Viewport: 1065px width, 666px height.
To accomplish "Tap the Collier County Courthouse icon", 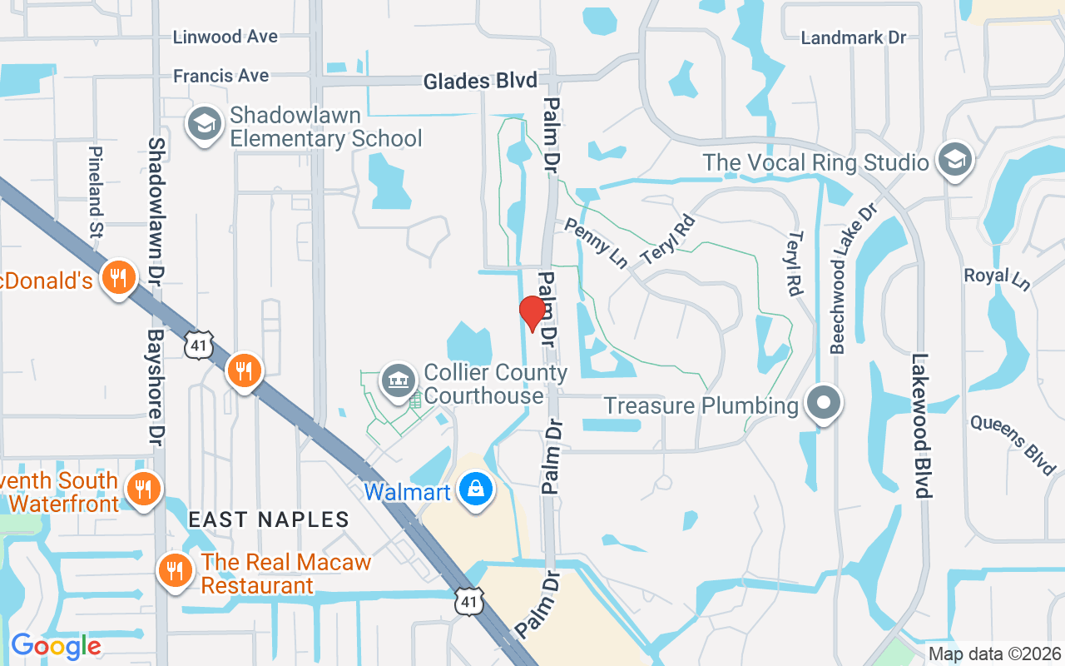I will (x=399, y=380).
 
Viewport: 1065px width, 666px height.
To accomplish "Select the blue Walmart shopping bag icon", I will (x=474, y=490).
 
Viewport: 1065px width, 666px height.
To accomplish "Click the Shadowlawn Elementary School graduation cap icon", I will (x=203, y=125).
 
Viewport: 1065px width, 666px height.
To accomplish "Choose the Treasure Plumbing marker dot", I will (x=824, y=405).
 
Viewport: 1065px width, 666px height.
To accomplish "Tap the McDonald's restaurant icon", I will (x=119, y=277).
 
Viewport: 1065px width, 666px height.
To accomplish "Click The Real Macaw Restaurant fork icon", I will (x=175, y=572).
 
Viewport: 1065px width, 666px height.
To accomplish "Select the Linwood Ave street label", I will (x=225, y=37).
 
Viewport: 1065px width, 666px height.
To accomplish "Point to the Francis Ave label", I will (x=220, y=76).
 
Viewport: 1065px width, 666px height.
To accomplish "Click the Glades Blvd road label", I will (x=480, y=81).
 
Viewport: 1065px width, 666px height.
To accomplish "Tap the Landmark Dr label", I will (x=853, y=37).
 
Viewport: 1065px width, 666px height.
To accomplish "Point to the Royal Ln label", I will (x=997, y=278).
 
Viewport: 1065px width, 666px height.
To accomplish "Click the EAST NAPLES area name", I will (x=269, y=519).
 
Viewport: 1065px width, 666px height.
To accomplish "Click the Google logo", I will (x=55, y=645).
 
